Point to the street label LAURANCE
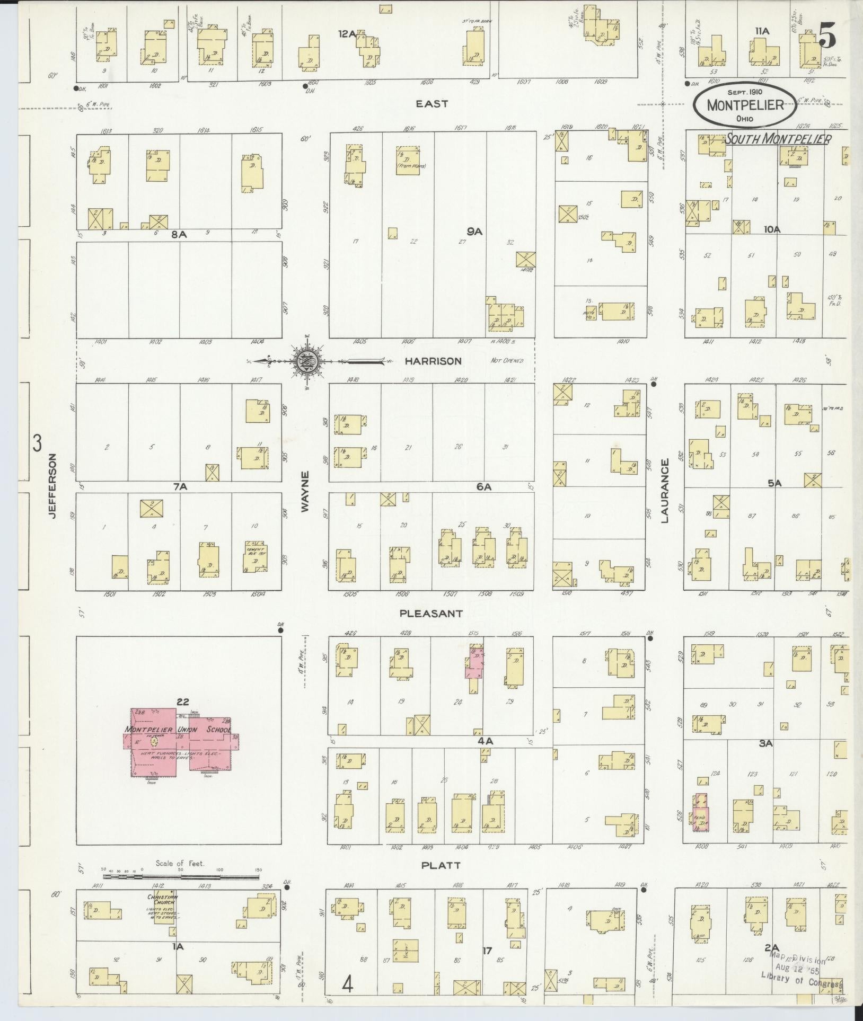pyautogui.click(x=665, y=491)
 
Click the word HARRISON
pyautogui.click(x=433, y=361)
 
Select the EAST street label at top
pyautogui.click(x=432, y=104)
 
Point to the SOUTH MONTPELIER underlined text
pyautogui.click(x=778, y=139)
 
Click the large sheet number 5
pyautogui.click(x=827, y=37)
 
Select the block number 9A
pyautogui.click(x=474, y=231)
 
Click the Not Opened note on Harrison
pyautogui.click(x=507, y=361)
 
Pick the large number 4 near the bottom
pyautogui.click(x=348, y=985)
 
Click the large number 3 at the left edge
pyautogui.click(x=37, y=443)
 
